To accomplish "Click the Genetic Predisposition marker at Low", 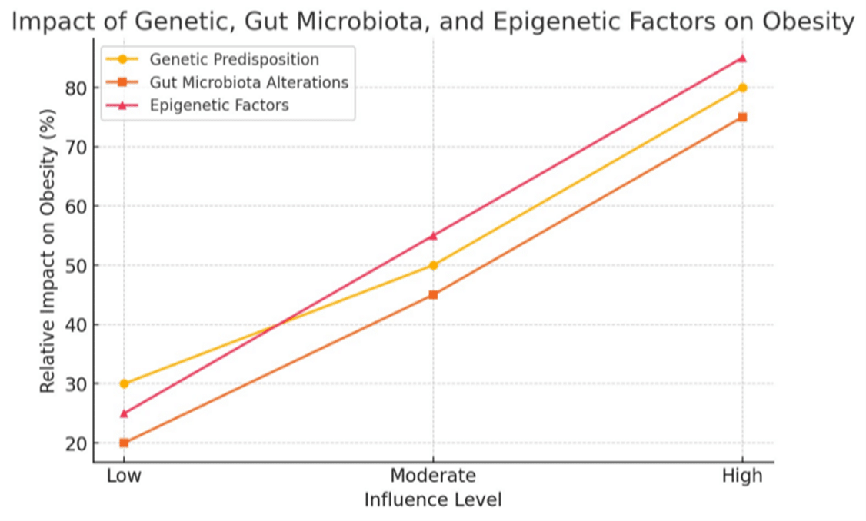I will tap(124, 383).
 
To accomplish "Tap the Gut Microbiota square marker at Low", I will tap(124, 443).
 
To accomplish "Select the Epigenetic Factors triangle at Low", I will tap(124, 413).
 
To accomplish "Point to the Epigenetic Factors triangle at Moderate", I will tap(433, 236).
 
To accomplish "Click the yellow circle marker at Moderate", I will tap(433, 265).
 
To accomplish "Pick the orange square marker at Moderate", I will tap(433, 294).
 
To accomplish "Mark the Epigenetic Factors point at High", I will tap(742, 58).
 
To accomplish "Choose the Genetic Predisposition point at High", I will tap(742, 88).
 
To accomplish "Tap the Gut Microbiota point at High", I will tap(742, 117).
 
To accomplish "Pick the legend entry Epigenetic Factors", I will tap(219, 105).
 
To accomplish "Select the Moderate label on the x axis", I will tap(433, 476).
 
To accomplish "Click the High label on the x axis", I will tap(742, 476).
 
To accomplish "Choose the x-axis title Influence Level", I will tap(433, 500).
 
